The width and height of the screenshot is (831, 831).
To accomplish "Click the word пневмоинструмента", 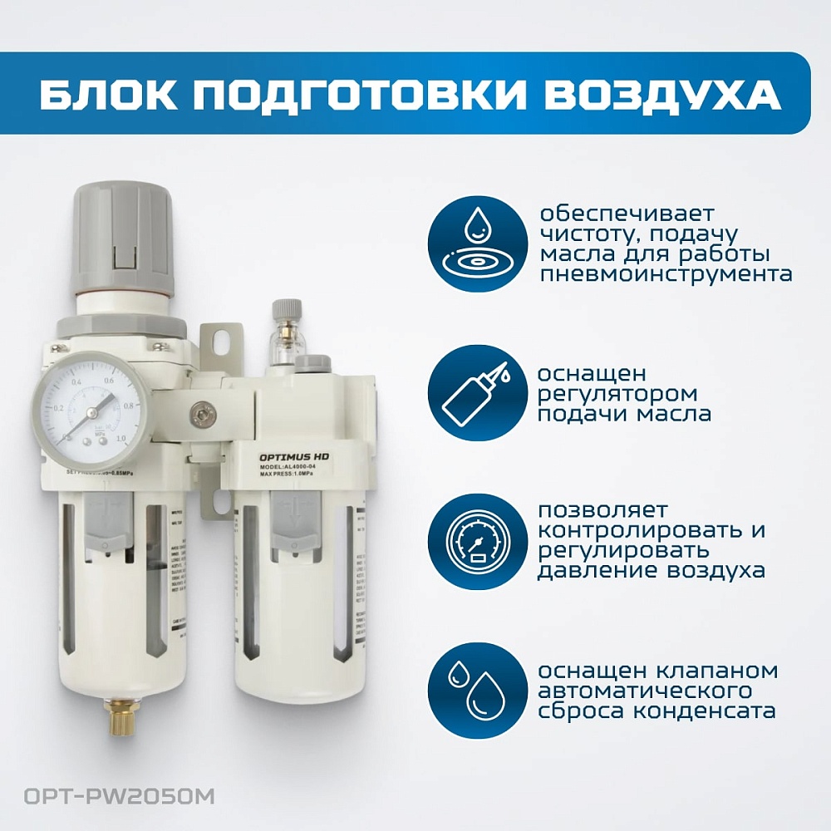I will click(664, 274).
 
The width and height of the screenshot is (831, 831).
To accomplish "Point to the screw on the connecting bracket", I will click(199, 411).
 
